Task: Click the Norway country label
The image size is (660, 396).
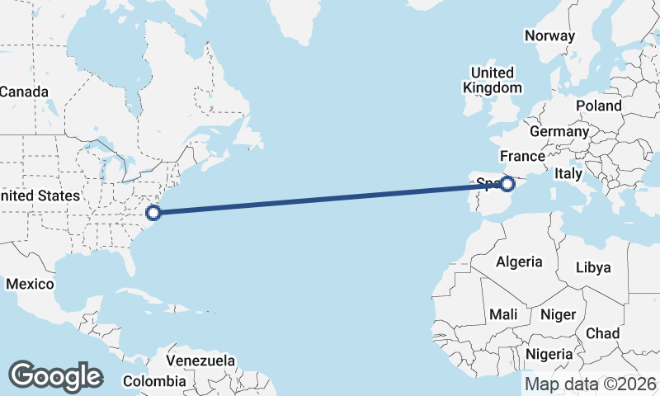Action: pos(549,35)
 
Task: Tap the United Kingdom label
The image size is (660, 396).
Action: pos(493,80)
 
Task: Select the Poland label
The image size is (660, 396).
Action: pos(599,106)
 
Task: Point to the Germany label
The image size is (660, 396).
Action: pos(559,131)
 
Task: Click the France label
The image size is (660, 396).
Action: pos(522,156)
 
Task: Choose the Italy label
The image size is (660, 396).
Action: pos(568,174)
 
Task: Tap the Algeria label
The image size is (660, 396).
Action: pos(519,262)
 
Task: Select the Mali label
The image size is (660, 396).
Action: pos(503,314)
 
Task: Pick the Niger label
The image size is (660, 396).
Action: pos(557,314)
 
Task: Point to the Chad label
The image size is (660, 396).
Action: pos(602,333)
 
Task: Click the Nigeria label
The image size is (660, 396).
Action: pos(549,354)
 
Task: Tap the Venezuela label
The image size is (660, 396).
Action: pos(200,361)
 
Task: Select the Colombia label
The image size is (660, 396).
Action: pos(154,381)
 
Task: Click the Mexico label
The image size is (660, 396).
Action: pos(30,284)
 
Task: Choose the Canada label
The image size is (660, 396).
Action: pos(24,92)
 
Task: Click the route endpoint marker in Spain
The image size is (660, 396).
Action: pos(508,184)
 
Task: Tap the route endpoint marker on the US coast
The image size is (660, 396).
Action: pos(153,213)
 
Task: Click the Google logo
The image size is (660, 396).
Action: pos(55,376)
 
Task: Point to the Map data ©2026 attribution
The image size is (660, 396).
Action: pos(590,384)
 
